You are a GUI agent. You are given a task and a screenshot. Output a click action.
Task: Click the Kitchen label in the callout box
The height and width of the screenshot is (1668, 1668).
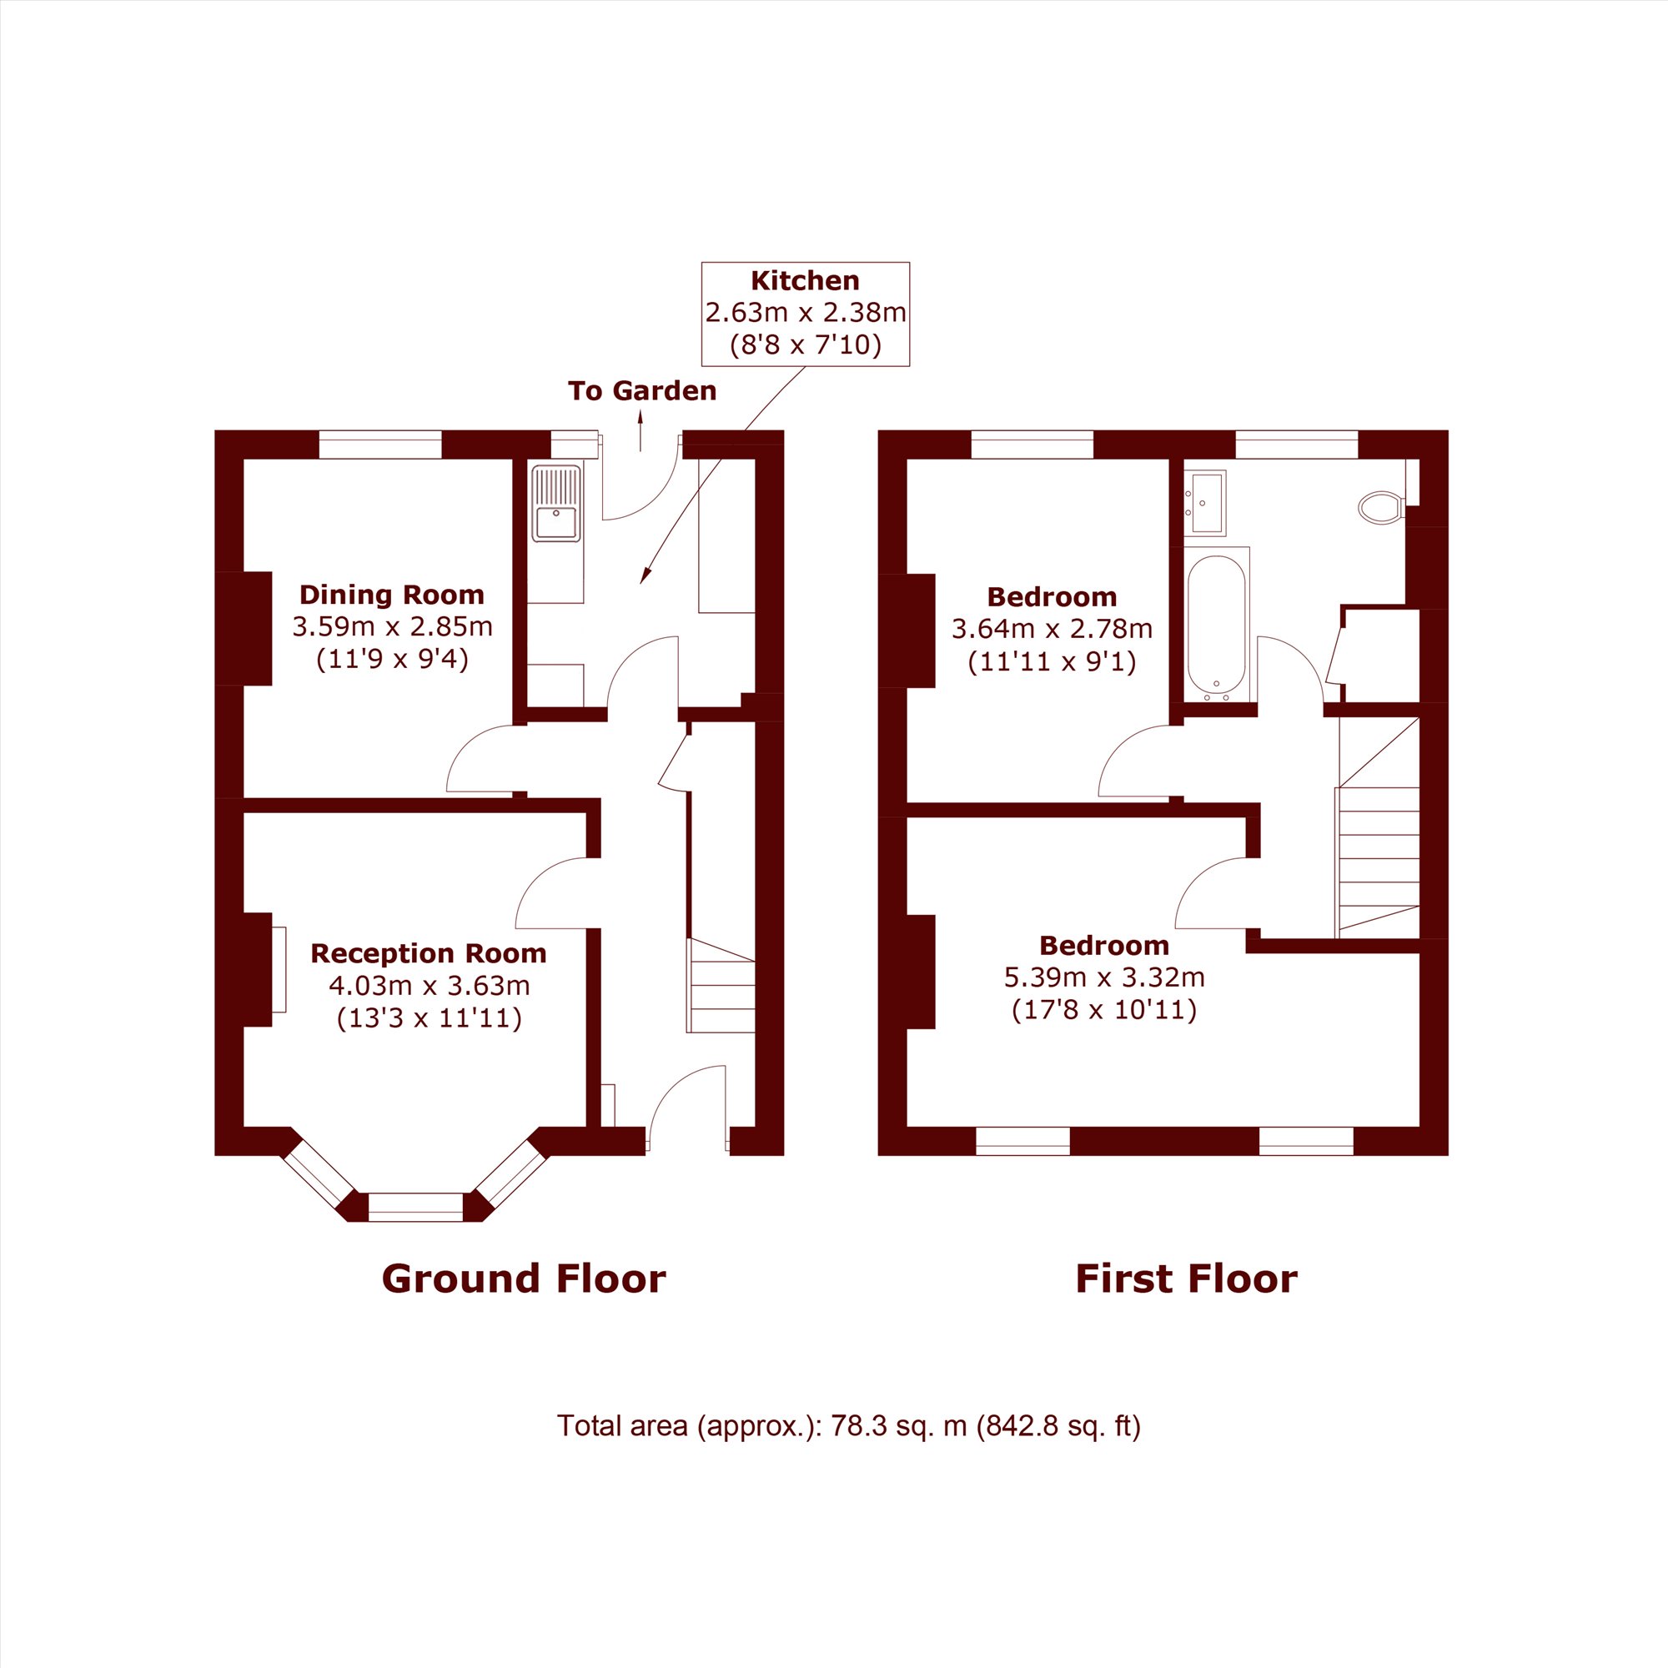[805, 280]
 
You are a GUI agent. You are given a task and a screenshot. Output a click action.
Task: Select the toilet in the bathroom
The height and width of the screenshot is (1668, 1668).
[1379, 508]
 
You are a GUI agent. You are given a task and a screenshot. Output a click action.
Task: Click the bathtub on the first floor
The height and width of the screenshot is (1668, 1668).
[1217, 626]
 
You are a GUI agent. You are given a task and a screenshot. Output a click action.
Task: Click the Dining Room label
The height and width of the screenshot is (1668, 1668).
[391, 595]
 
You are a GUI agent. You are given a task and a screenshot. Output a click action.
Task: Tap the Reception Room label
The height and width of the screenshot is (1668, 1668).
[428, 953]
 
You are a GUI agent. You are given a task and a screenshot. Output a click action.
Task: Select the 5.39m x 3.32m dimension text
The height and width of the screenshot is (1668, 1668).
[1103, 977]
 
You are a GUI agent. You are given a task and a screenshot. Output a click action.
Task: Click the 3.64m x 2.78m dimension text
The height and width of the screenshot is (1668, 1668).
[1052, 629]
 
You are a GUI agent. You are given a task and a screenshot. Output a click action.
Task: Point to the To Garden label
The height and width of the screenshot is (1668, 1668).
[641, 391]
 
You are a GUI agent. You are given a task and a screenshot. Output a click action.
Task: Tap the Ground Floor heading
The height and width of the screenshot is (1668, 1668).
[523, 1279]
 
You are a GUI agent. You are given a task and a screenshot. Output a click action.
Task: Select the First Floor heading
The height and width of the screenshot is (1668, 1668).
[1185, 1279]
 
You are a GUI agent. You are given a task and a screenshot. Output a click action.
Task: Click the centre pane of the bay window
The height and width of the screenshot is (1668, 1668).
[415, 1207]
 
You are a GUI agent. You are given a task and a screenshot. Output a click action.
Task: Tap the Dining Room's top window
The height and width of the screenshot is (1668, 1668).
[379, 445]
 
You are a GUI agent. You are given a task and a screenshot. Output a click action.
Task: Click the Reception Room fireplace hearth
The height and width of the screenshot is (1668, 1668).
[279, 968]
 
